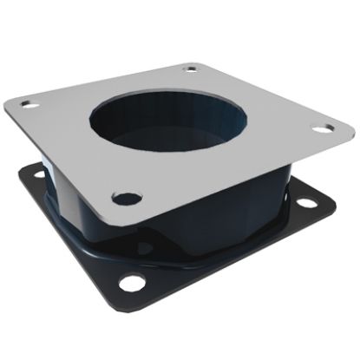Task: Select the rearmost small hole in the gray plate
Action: coord(191,69)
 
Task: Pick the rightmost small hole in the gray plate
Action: coord(323,129)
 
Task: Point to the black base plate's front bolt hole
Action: coord(132,283)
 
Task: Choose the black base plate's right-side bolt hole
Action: coord(307,205)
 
